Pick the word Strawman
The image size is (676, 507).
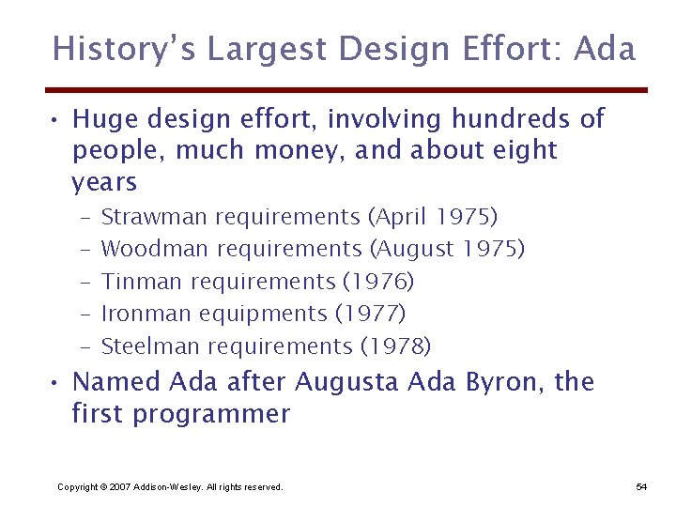click(154, 217)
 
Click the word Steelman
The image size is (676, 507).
click(150, 346)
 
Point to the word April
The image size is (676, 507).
click(403, 217)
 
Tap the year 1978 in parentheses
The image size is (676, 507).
click(396, 346)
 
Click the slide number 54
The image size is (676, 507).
click(641, 486)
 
